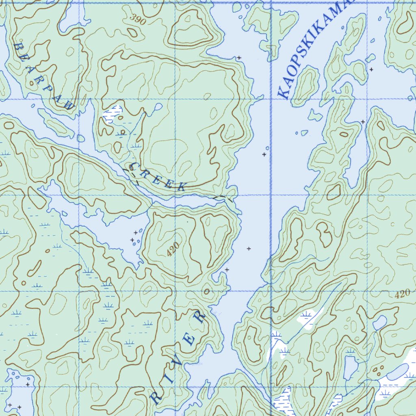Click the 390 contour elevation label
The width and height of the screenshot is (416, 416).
[138, 19]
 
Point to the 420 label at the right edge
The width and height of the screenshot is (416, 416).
[402, 295]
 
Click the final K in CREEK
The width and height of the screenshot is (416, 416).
[182, 187]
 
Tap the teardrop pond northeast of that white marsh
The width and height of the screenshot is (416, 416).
[158, 107]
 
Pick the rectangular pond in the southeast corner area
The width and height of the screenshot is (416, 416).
[350, 368]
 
